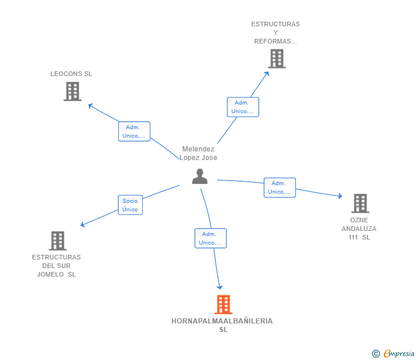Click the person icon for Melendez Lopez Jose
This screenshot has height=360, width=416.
pyautogui.click(x=200, y=177)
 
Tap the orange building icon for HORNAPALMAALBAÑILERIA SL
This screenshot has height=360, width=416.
pyautogui.click(x=223, y=305)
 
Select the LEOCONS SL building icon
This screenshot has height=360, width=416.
pyautogui.click(x=73, y=91)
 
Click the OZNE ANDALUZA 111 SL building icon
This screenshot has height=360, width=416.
pyautogui.click(x=360, y=203)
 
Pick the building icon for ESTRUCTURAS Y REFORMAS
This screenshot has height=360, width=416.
pyautogui.click(x=277, y=59)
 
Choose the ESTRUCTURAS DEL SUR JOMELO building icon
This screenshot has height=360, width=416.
pyautogui.click(x=58, y=241)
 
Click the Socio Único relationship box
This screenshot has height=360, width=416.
pyautogui.click(x=130, y=205)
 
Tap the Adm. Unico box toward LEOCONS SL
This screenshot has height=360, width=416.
pyautogui.click(x=134, y=131)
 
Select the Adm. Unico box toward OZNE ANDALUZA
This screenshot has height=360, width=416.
pyautogui.click(x=279, y=187)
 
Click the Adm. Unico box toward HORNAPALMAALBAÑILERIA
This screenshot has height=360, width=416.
pyautogui.click(x=210, y=238)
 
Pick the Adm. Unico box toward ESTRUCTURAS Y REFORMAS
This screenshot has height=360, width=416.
pyautogui.click(x=243, y=107)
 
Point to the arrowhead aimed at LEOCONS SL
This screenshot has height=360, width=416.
pyautogui.click(x=90, y=106)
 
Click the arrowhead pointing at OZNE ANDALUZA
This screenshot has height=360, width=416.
pyautogui.click(x=340, y=196)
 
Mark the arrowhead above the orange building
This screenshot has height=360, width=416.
pyautogui.click(x=219, y=287)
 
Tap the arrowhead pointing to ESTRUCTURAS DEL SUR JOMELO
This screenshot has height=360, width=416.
pyautogui.click(x=83, y=225)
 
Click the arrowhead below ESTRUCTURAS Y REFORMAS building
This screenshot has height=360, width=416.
pyautogui.click(x=267, y=74)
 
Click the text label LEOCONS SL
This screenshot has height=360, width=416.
pyautogui.click(x=71, y=74)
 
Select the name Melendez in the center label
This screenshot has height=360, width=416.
pyautogui.click(x=198, y=149)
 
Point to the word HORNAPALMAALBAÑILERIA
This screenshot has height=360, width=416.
pyautogui.click(x=222, y=321)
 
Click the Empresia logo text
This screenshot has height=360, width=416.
pyautogui.click(x=399, y=353)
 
